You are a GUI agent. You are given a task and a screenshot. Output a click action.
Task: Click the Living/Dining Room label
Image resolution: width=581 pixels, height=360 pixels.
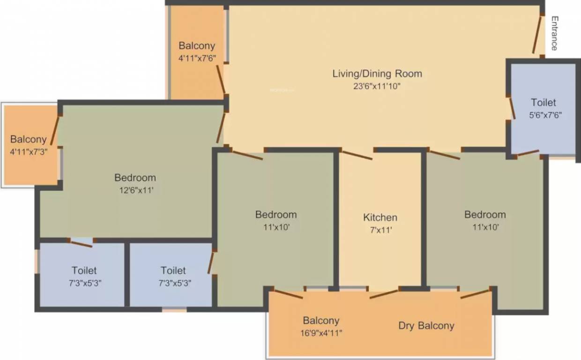(x=377, y=74)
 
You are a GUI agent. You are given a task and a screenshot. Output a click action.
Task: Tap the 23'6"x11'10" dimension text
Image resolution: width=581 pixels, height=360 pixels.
(x=377, y=86)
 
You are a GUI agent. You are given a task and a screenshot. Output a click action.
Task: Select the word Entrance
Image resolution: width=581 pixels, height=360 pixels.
(x=554, y=33)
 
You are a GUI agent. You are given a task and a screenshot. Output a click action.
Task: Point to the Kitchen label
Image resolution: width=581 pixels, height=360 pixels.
(x=380, y=217)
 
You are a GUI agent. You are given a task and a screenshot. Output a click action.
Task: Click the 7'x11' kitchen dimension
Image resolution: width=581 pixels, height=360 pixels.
(x=380, y=230)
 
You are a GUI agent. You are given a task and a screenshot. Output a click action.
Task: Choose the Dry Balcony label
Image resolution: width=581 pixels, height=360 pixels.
(x=426, y=325)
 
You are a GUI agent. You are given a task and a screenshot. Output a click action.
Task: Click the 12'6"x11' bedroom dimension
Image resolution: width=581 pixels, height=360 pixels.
(x=135, y=191)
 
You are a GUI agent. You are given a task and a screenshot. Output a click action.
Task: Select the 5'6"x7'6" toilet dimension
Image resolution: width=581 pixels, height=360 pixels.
(x=544, y=115)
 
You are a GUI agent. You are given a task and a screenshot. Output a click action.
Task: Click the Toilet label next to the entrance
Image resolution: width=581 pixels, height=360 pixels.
(x=544, y=102)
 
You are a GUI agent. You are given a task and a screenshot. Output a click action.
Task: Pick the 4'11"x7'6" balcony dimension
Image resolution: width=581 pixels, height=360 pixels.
(x=197, y=58)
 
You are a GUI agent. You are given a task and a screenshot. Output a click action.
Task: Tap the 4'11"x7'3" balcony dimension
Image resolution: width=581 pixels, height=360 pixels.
(x=29, y=152)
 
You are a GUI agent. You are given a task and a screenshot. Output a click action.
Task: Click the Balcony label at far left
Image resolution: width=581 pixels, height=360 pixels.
(x=29, y=139)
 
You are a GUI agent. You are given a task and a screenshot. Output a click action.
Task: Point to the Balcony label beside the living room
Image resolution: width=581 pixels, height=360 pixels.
(x=197, y=45)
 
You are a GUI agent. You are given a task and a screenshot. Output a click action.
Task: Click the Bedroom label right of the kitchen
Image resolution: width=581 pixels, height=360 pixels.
(x=485, y=215)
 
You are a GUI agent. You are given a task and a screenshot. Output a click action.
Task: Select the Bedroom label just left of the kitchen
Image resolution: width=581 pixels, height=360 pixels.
(x=276, y=215)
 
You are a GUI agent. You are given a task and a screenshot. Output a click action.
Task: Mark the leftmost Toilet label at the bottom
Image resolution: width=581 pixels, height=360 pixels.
(x=84, y=270)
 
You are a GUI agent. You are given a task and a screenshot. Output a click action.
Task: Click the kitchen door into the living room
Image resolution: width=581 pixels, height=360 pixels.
(x=356, y=155)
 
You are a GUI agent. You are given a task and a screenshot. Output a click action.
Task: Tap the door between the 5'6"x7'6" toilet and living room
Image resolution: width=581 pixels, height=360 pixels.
(x=513, y=108)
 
